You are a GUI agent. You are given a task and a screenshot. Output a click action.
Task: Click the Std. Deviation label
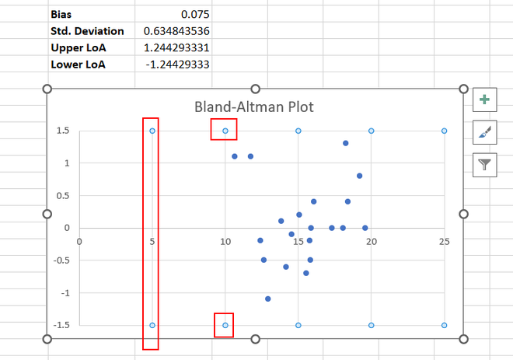tap(87, 30)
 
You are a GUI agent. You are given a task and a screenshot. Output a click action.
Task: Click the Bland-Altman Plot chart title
tap(253, 107)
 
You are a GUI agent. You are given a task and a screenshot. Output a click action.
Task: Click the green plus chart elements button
tap(484, 99)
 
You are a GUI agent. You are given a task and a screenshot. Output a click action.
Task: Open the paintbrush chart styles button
tap(484, 131)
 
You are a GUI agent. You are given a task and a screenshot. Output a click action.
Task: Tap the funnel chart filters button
tap(484, 164)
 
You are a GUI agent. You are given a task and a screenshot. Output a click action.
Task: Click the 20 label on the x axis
tap(372, 241)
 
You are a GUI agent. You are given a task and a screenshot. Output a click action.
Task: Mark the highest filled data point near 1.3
tap(345, 143)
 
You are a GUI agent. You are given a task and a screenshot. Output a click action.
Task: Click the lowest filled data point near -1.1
tap(268, 299)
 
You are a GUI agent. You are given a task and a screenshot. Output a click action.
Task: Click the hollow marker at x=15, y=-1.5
tap(298, 325)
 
